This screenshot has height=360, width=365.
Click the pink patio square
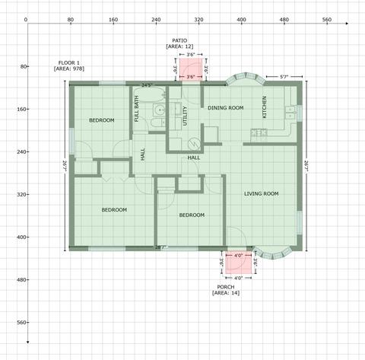coord(191,70)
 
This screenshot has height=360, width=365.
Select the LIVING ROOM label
coord(262,194)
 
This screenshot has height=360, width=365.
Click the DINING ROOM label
coord(226,108)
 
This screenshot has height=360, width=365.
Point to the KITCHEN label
coord(265,107)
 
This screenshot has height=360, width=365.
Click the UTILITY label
coord(185,116)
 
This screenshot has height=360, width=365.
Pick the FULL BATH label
coord(136,109)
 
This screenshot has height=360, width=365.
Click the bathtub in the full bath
coord(150,95)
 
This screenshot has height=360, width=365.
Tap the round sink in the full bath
coord(160,110)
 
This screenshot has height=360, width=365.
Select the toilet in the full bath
coord(158,123)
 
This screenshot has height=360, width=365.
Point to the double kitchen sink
coord(290,113)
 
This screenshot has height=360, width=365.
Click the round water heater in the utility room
coord(195,144)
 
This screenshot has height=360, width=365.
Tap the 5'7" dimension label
coord(284,77)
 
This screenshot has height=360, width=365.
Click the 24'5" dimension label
coord(147,85)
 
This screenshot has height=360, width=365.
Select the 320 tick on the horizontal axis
coord(198,20)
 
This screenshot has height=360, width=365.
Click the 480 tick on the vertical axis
coord(23,279)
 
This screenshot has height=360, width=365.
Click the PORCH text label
coord(226,287)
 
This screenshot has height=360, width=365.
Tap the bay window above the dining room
coord(245,78)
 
